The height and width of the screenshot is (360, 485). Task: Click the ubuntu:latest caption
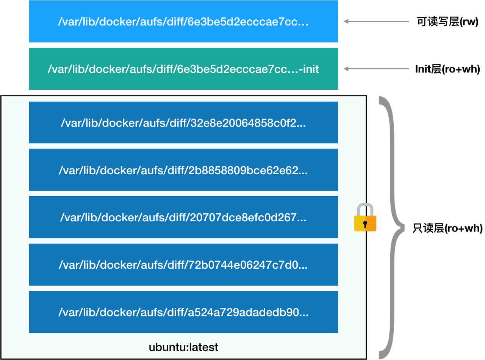(183, 347)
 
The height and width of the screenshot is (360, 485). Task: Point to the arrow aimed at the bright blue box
(375, 22)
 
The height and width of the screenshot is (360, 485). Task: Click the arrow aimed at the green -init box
(375, 69)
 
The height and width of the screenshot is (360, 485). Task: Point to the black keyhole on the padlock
(365, 224)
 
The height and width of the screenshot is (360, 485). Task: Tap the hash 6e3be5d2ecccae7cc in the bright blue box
(244, 22)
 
